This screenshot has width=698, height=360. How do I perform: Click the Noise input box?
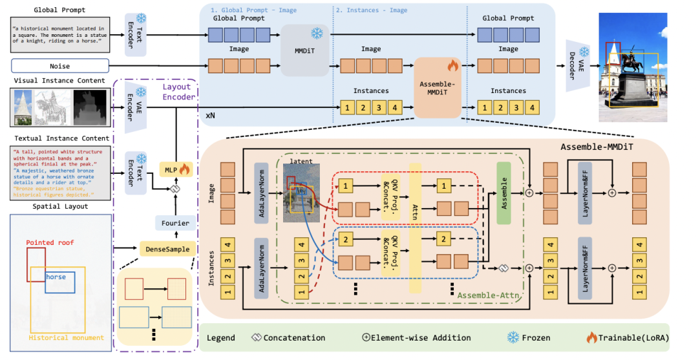pos(59,66)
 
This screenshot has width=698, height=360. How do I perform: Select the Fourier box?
pos(174,223)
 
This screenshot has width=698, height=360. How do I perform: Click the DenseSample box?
pos(167,248)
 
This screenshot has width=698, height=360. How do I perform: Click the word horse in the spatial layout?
pos(56,277)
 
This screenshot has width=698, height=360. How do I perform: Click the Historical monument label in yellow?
pos(66,337)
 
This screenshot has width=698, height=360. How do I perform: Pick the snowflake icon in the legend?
pos(513,337)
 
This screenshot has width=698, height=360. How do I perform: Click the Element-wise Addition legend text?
pos(422,337)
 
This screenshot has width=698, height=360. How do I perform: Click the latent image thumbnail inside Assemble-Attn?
pos(301,193)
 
